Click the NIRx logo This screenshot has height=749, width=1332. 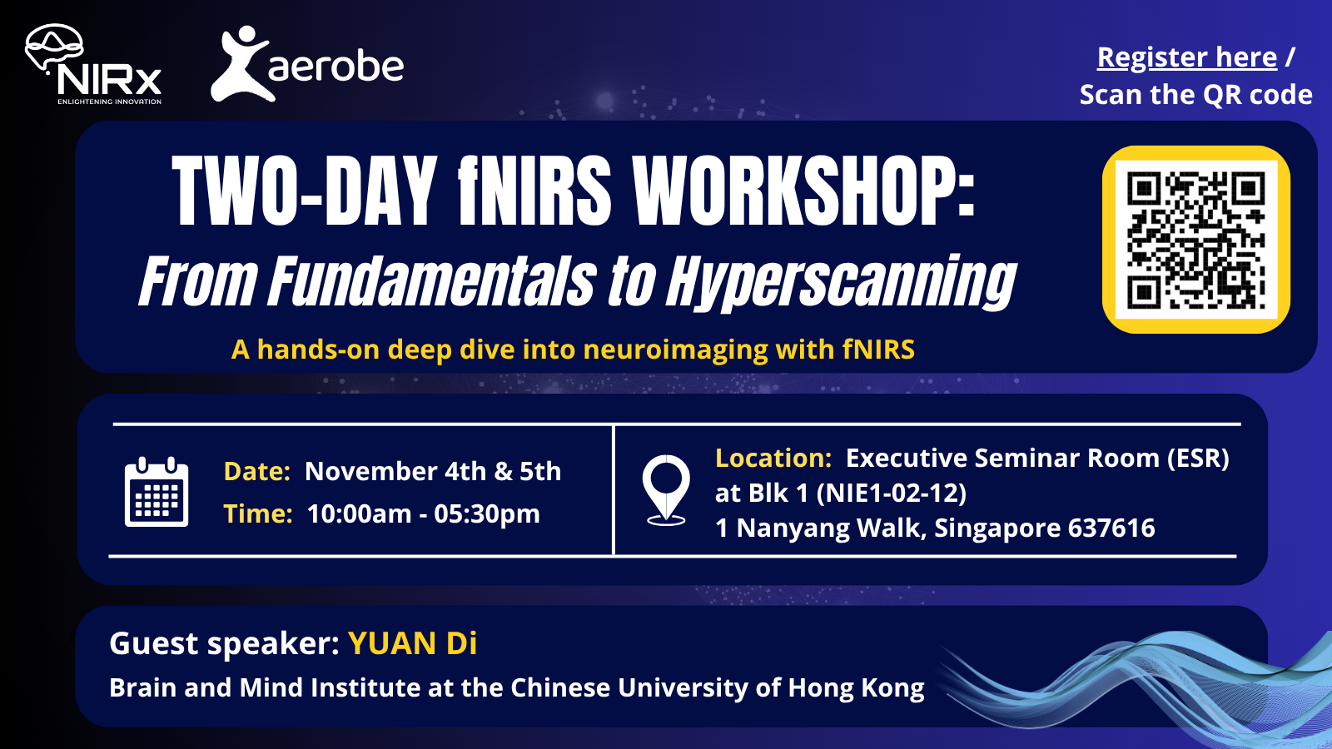[x=93, y=65]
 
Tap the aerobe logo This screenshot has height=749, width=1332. [x=307, y=65]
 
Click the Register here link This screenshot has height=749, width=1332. [x=1186, y=57]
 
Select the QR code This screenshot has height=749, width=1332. [x=1195, y=240]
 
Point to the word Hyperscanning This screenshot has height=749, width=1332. [x=841, y=282]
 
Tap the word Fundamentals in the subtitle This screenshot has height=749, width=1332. [x=432, y=282]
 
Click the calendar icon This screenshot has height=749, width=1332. [x=157, y=492]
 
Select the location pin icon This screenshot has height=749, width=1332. [x=666, y=490]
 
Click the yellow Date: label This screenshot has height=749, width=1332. [x=256, y=472]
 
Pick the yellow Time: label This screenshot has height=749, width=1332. [x=257, y=514]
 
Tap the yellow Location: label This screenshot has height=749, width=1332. [x=773, y=459]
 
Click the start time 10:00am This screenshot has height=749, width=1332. [x=359, y=514]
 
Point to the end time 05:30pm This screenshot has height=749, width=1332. [x=487, y=514]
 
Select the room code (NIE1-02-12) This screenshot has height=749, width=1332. [x=891, y=494]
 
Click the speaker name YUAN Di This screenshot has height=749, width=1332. [x=412, y=644]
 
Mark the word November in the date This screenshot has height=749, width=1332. [x=371, y=472]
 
